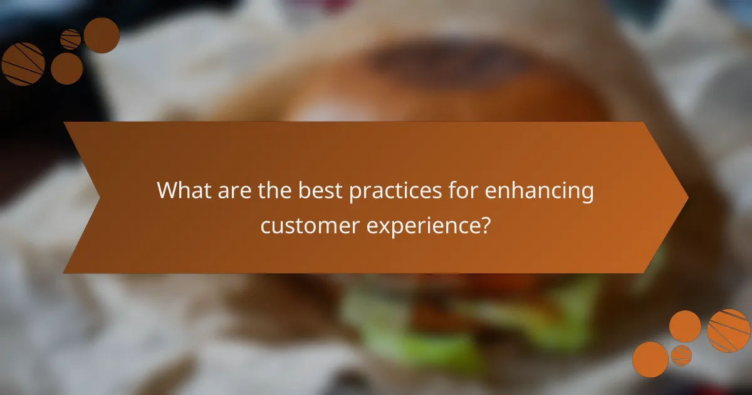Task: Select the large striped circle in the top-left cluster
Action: tap(23, 64)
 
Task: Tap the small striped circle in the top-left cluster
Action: tap(70, 39)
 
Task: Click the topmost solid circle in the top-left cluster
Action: tap(102, 35)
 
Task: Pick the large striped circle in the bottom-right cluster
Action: tap(728, 330)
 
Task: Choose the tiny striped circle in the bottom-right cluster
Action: tap(681, 355)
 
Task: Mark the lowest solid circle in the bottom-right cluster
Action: tap(650, 359)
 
